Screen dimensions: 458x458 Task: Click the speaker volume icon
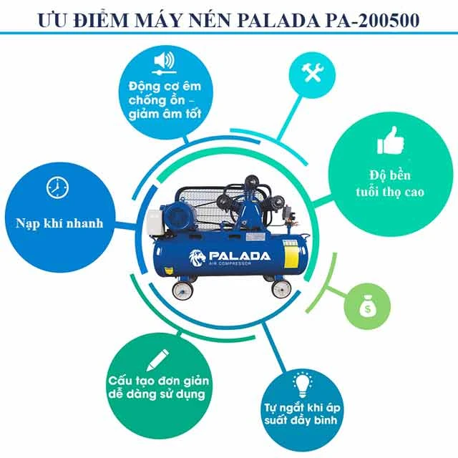pos(164,59)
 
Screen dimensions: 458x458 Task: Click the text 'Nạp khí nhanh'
pos(59,223)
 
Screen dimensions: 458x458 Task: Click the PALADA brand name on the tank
pos(239,255)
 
